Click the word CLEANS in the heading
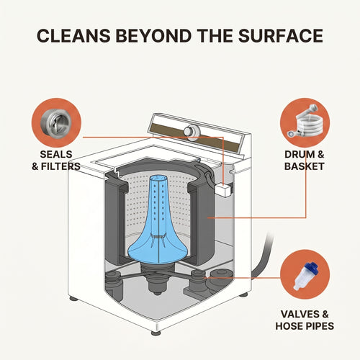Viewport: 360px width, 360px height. [x=73, y=36]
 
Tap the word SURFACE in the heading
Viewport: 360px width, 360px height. [x=281, y=36]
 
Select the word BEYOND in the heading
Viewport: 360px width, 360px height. [x=153, y=36]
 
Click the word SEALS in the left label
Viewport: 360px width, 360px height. [x=56, y=154]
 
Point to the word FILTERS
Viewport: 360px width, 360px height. [x=60, y=166]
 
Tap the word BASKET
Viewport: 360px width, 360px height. [x=305, y=166]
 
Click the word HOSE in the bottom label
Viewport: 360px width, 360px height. [x=287, y=326]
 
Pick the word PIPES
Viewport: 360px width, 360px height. [x=318, y=326]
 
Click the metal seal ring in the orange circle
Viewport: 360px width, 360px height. [x=56, y=123]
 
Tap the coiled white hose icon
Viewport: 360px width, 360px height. [x=305, y=122]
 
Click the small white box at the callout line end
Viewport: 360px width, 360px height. [x=223, y=190]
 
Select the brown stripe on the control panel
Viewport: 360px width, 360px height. [x=195, y=138]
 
